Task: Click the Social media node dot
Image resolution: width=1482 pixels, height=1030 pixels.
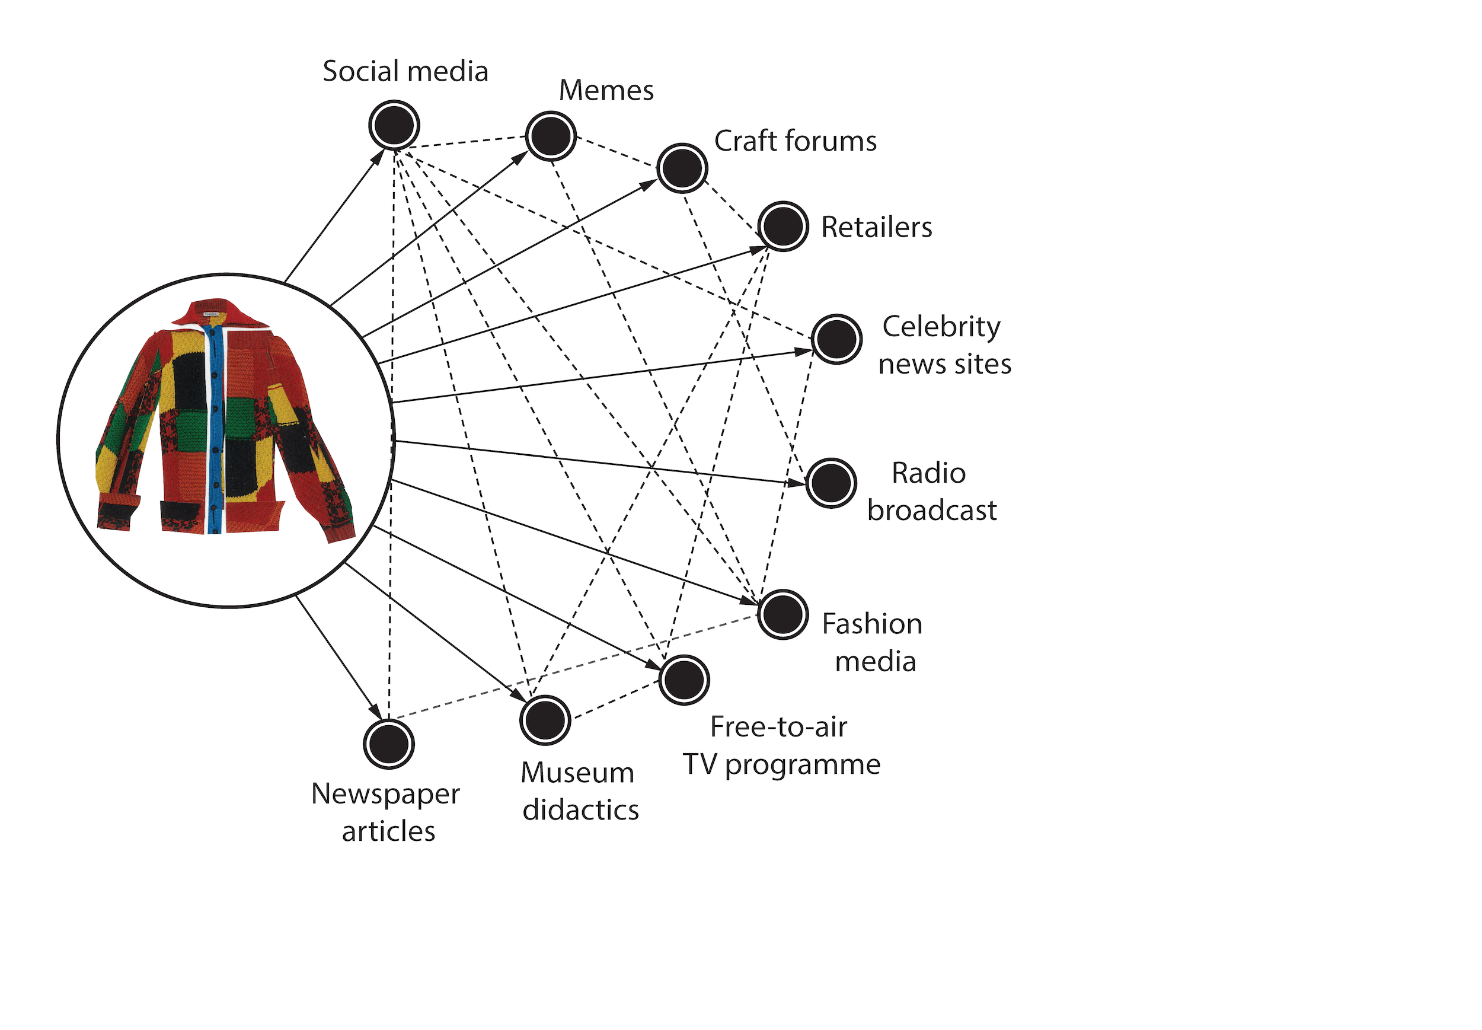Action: coord(394,125)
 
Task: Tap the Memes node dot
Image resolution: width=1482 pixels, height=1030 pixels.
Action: coord(550,136)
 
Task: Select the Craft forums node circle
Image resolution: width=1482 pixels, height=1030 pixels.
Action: coord(682,168)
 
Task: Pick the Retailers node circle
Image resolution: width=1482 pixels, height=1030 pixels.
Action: coord(782,226)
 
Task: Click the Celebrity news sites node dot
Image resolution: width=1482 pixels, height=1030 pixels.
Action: coord(836,339)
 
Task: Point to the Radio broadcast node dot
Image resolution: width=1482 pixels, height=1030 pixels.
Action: coord(831,483)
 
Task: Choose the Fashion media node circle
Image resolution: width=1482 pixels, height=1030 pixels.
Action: coord(782,614)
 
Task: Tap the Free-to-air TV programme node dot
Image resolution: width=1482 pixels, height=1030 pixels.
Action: coord(684,680)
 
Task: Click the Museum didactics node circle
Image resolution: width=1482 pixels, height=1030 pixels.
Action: coord(545,720)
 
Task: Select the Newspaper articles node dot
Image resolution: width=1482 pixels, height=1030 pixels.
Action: coord(388,744)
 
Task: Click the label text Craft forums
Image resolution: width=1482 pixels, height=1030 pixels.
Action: coord(795,141)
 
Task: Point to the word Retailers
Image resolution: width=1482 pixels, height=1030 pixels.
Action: coord(876,227)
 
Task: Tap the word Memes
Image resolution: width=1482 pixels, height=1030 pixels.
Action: coord(606,90)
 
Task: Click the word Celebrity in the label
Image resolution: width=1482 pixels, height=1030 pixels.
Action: coord(941,327)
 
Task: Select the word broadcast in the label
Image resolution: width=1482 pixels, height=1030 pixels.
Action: coord(931,511)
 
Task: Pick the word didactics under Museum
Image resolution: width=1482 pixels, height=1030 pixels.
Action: coord(580,810)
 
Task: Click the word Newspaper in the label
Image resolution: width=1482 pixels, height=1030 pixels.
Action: coord(385,794)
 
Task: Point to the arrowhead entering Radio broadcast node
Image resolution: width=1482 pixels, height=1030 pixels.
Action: coord(795,482)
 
